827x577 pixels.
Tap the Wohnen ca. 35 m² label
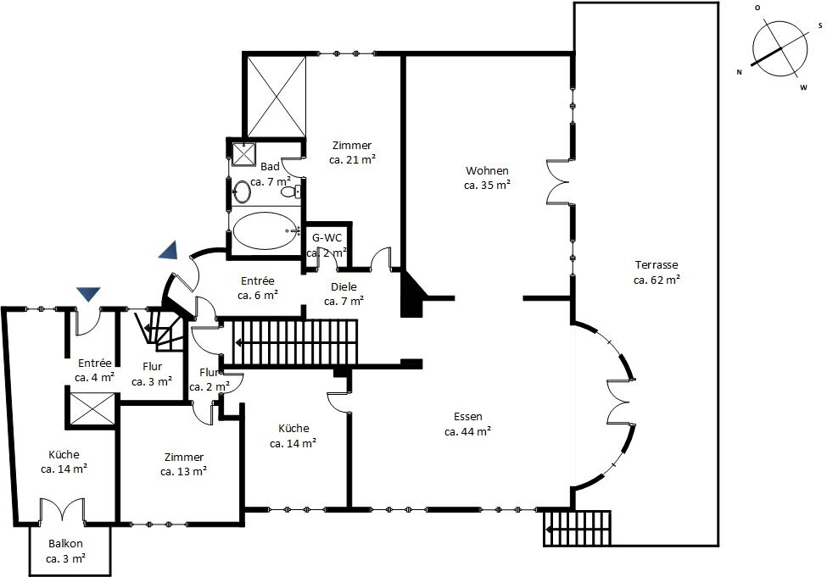point(488,178)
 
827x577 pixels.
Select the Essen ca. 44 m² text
point(468,424)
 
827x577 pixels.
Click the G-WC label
point(327,237)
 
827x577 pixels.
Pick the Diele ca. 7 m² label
point(344,294)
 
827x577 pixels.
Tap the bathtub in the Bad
point(265,230)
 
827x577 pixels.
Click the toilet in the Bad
point(291,191)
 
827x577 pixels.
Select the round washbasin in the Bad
point(243,191)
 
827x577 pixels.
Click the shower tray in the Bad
point(243,154)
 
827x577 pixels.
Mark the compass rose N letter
point(739,72)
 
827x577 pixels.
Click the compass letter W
point(803,88)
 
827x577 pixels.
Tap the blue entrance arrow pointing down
point(88,294)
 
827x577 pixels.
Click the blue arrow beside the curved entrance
point(169,250)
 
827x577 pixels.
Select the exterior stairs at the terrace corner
point(577,528)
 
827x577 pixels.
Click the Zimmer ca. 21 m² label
point(352,153)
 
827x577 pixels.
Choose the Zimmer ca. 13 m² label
point(183,464)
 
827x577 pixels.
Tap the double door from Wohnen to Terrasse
point(558,181)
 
